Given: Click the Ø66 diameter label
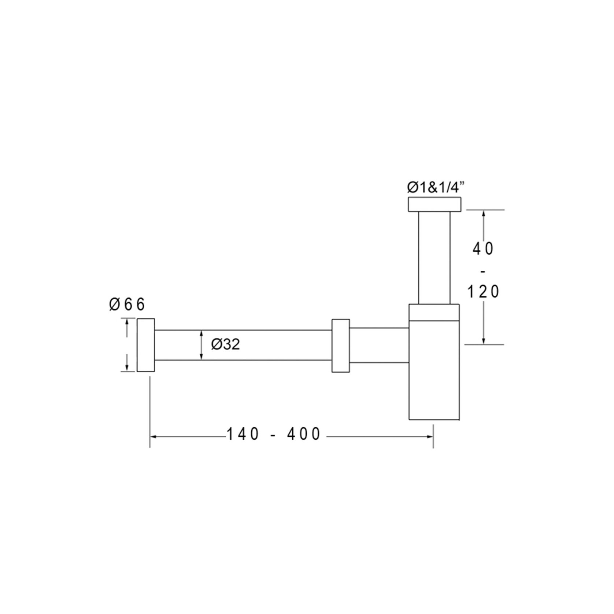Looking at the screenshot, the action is [x=127, y=304].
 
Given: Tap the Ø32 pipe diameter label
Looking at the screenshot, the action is [x=225, y=344].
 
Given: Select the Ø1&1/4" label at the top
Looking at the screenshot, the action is [x=436, y=188].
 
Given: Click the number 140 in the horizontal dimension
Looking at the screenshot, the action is [x=243, y=434].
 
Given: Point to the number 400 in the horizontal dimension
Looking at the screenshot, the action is [x=304, y=434].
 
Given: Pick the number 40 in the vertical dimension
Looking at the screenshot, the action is [x=483, y=249].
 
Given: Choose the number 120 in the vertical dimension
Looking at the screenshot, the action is [x=483, y=292].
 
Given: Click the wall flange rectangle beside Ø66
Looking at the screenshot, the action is [x=146, y=345].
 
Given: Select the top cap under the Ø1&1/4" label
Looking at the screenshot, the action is [x=434, y=204].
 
